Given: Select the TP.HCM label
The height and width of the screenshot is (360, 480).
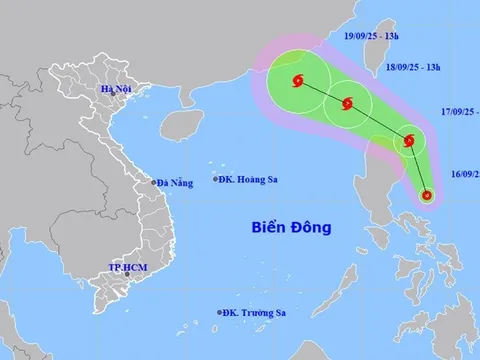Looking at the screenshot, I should coord(130,268).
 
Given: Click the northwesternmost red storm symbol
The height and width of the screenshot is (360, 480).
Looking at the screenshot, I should coord(297,83).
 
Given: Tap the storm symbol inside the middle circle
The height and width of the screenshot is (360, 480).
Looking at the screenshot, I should coord(347,103).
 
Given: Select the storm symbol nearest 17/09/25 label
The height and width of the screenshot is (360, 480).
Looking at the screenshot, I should coord(409,141).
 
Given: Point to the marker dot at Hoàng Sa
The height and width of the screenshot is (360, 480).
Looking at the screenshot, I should coord(215,179).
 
